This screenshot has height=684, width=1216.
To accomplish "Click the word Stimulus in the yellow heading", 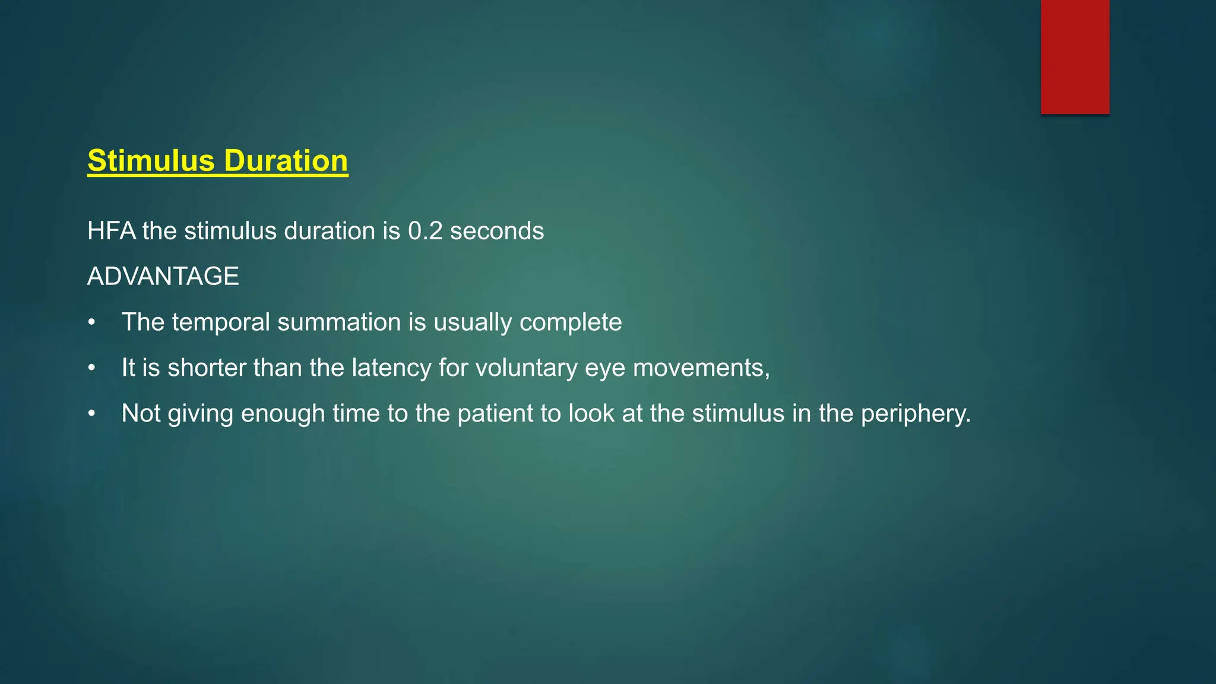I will coord(151,161).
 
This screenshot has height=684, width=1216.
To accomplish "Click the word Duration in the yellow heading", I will coord(286,161).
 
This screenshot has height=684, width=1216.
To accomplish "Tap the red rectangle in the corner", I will coord(1075,56).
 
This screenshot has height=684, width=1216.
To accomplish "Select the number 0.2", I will coord(425,231).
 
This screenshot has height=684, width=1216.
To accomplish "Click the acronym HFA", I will coord(111,231).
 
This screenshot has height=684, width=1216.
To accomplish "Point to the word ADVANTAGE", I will coord(163,277).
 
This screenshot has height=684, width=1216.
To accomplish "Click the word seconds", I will coord(496,231).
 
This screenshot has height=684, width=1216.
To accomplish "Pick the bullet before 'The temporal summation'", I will coord(91,322).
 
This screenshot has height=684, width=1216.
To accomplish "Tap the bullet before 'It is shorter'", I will coord(91,368).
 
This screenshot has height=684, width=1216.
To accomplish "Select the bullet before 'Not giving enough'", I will coord(91,414).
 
